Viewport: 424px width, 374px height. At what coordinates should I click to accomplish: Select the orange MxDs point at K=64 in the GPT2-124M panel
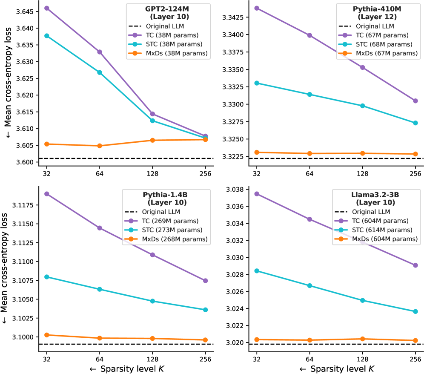(100, 146)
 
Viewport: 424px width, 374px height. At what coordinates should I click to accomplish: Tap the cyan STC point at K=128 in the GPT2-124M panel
(152, 121)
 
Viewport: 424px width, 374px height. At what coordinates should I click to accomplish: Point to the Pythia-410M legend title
(373, 12)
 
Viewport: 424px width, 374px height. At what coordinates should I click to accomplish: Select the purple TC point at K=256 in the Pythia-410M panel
(415, 101)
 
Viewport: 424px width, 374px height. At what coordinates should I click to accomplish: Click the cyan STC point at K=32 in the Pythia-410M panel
(257, 83)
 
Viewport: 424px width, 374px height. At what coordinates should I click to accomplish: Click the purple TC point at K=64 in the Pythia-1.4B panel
(100, 228)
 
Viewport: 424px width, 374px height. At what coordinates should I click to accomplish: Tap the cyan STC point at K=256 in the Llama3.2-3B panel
(415, 311)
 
